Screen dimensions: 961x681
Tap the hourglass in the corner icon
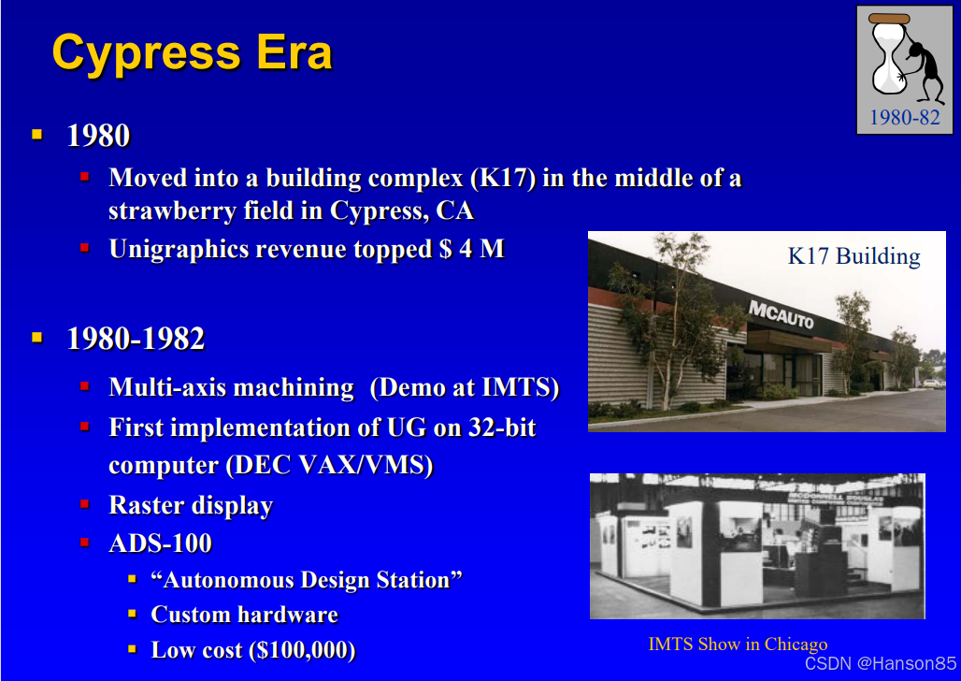[888, 54]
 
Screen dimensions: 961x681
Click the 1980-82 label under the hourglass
[905, 117]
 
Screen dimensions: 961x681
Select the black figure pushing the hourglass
[925, 67]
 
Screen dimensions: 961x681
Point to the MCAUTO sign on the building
[782, 315]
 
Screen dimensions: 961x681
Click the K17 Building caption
[853, 255]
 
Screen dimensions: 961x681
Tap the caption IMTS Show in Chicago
[738, 644]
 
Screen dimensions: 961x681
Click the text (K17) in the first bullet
[503, 178]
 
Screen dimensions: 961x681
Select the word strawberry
[172, 211]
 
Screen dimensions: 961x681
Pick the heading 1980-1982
[136, 339]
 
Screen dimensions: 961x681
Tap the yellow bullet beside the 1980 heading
[37, 135]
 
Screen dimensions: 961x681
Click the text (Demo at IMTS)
[465, 388]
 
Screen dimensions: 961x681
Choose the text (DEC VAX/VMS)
[330, 465]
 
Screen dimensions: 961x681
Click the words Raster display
[191, 505]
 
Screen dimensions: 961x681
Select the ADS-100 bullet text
[161, 543]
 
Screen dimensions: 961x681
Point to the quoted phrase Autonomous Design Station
[307, 580]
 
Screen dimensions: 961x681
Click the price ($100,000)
[303, 650]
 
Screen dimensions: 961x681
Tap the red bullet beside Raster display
[84, 504]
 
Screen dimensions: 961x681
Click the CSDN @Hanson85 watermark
[881, 663]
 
